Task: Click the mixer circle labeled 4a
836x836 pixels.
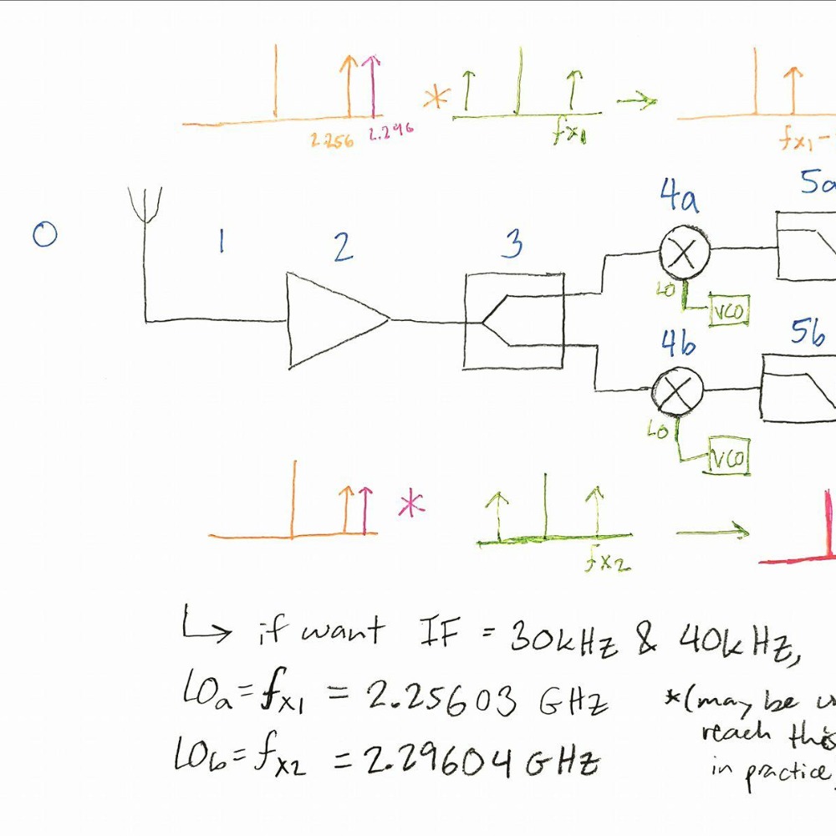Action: pos(685,252)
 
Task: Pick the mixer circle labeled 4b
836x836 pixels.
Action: pos(677,388)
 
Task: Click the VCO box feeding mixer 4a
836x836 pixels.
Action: pos(728,311)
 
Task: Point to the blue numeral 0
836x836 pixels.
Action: pos(44,234)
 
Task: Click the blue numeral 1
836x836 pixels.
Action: pos(221,242)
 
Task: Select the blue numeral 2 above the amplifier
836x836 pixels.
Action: pos(343,247)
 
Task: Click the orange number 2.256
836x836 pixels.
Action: pos(332,140)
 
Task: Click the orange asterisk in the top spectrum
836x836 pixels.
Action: pos(435,99)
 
